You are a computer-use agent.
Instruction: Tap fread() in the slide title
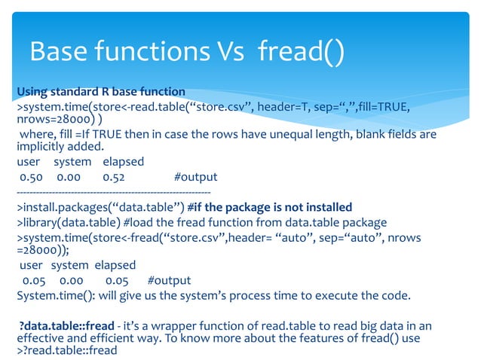click(x=301, y=52)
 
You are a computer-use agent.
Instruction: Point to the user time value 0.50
click(x=31, y=178)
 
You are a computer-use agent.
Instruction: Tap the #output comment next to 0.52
click(x=195, y=178)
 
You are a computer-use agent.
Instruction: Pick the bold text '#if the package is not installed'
click(x=269, y=207)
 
